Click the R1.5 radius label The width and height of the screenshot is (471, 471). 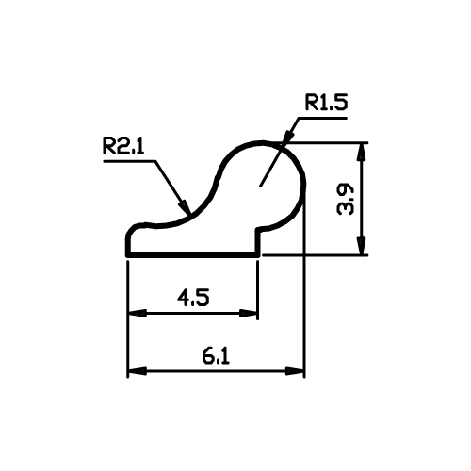327,103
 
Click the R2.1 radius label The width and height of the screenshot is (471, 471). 123,146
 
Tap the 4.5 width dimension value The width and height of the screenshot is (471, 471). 193,298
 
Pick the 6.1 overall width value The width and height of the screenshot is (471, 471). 216,356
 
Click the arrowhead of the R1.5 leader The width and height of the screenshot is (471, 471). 289,136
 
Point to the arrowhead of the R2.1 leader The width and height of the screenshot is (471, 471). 186,206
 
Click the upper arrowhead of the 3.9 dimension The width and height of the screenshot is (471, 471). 362,153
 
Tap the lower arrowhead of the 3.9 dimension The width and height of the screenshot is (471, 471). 362,246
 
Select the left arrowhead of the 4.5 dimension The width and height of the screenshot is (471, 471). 138,314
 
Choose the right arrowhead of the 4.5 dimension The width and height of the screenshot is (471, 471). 249,314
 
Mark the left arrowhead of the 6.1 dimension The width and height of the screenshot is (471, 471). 138,371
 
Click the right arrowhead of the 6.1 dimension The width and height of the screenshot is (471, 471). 295,371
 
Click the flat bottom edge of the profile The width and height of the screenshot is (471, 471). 193,255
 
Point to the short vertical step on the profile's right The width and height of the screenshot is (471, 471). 258,242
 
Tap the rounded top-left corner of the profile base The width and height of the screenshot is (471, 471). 131,229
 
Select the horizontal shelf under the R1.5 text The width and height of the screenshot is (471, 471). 323,118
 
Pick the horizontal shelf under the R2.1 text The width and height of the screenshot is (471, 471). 129,161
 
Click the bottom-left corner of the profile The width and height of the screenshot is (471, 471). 127,255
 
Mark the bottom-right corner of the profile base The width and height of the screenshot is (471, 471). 259,255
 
